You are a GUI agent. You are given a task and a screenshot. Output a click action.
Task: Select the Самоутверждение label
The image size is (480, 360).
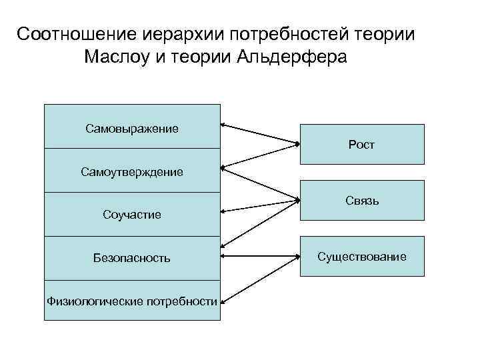(132, 172)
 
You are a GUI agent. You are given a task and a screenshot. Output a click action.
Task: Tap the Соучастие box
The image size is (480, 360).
(132, 215)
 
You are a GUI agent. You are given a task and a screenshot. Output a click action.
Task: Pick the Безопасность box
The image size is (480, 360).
(132, 258)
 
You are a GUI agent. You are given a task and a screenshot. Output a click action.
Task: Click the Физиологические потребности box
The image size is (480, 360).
(132, 301)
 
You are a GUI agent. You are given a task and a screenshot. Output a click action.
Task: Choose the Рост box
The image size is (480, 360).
(361, 144)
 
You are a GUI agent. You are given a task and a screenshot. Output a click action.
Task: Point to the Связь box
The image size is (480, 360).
(361, 200)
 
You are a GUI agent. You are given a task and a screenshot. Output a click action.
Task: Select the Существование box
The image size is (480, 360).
(361, 256)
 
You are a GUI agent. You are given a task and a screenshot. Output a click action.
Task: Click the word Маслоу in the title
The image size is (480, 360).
(121, 57)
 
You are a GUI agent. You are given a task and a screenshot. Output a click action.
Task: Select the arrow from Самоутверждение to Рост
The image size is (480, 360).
(259, 154)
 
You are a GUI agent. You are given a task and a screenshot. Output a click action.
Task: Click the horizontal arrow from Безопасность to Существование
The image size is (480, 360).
(259, 256)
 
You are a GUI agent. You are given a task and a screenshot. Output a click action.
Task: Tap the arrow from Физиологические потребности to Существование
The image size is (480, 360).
(259, 279)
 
